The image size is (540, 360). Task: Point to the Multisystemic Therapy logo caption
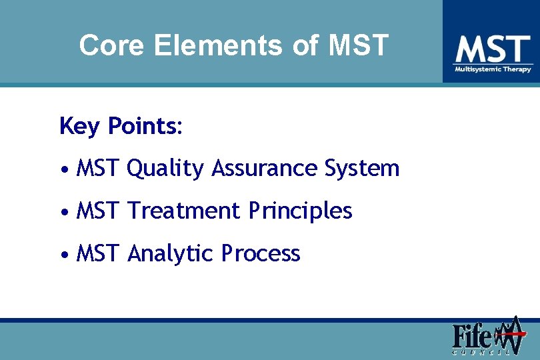493,69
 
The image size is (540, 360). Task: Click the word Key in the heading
79,126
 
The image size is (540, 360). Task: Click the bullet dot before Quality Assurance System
63,169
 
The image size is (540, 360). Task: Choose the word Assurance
265,169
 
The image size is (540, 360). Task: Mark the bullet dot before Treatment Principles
63,212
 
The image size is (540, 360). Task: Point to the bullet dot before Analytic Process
63,255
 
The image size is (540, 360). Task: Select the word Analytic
170,254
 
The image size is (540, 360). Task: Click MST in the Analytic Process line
97,254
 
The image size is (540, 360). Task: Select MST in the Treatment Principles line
97,211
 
